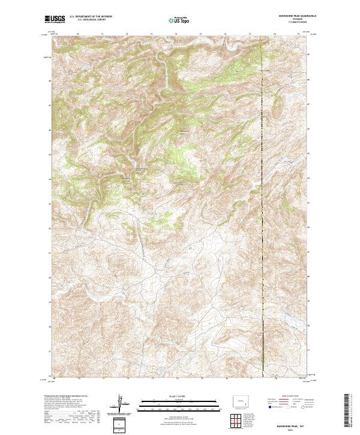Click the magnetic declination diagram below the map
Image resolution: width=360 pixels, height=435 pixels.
[120, 405]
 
